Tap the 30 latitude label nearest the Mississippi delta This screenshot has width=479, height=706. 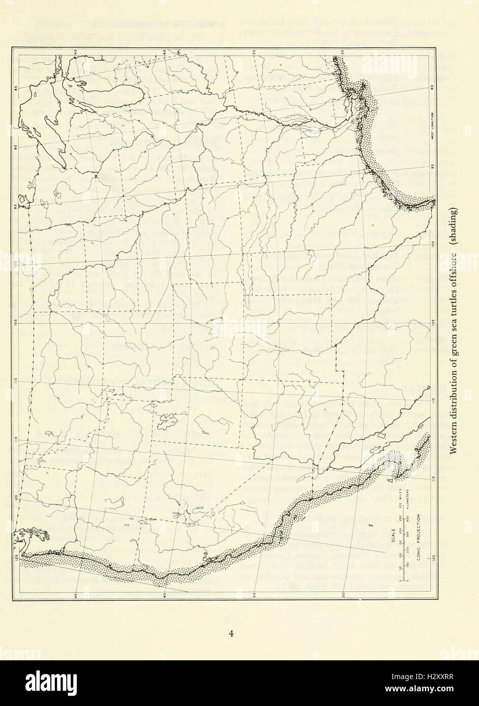tap(344, 52)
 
